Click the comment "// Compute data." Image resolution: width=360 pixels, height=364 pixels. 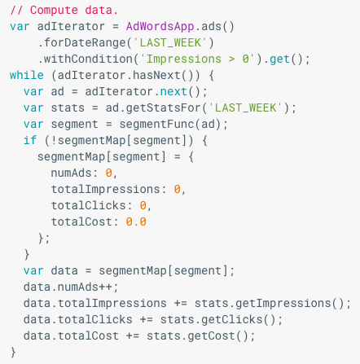point(64,11)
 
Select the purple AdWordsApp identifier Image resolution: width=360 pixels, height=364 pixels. point(160,27)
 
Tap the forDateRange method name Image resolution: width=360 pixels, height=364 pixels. point(85,43)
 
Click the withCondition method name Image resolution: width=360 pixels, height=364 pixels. point(89,59)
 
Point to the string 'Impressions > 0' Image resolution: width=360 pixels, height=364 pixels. point(198,59)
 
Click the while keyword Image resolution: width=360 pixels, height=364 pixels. point(27,75)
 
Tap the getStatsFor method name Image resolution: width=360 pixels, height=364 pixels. point(164,107)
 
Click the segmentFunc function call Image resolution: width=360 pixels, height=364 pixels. point(156,124)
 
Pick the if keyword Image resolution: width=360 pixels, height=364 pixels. point(30,140)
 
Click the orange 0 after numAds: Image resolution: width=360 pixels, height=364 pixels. point(109,173)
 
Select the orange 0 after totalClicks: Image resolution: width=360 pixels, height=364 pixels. point(143,205)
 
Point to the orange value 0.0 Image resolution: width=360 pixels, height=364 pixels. point(136,221)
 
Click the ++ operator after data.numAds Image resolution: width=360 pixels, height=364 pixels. point(105,287)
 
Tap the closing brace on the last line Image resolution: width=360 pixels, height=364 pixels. point(13,353)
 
